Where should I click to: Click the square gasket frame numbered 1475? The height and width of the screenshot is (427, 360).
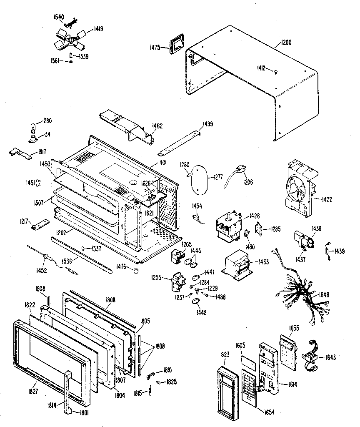point(176,43)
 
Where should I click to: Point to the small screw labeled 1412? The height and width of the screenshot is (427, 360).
point(275,73)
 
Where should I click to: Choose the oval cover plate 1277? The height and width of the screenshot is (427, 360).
point(203,178)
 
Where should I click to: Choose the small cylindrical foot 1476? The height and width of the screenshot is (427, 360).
point(135,271)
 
